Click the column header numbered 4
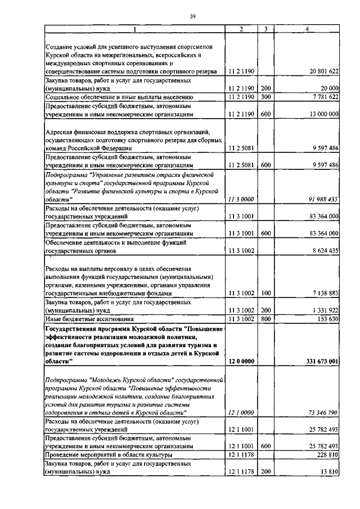pyautogui.click(x=307, y=29)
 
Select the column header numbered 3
pyautogui.click(x=264, y=29)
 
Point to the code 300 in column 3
pyautogui.click(x=266, y=97)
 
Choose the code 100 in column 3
pyautogui.click(x=266, y=293)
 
